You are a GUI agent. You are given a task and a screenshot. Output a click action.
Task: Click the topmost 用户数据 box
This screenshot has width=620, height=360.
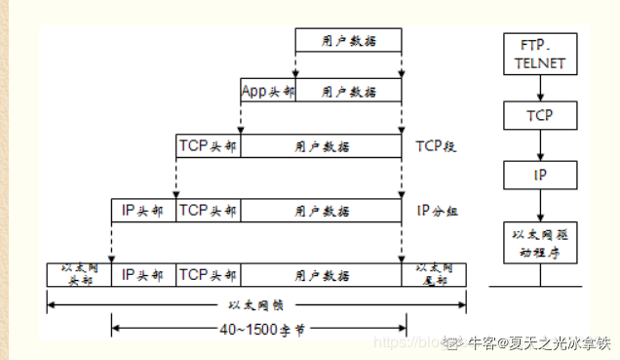point(349,41)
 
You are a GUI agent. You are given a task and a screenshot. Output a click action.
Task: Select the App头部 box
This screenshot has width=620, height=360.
point(267,91)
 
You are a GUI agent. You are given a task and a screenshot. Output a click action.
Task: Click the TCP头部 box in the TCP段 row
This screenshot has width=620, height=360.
point(208,146)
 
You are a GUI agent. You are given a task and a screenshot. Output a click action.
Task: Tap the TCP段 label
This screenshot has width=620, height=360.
point(436,146)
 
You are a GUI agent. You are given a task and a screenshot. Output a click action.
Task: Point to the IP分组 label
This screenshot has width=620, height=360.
point(436,210)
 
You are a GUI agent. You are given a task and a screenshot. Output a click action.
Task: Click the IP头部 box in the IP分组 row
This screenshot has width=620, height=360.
point(143,210)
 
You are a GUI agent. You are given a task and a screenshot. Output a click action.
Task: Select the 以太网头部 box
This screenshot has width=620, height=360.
point(79,273)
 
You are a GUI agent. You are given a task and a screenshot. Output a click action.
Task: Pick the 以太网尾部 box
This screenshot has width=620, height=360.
point(434,273)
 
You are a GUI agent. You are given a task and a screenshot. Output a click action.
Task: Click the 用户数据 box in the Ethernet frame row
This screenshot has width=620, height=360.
point(322,273)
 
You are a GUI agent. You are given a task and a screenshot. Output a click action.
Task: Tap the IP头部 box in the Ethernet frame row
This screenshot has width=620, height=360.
point(143,273)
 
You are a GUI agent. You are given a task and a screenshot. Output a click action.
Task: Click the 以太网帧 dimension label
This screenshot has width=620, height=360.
point(257,304)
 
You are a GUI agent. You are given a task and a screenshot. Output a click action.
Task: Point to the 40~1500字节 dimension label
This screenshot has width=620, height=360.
point(257,330)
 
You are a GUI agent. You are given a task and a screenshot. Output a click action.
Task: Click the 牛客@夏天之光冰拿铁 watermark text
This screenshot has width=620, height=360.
point(539,342)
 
